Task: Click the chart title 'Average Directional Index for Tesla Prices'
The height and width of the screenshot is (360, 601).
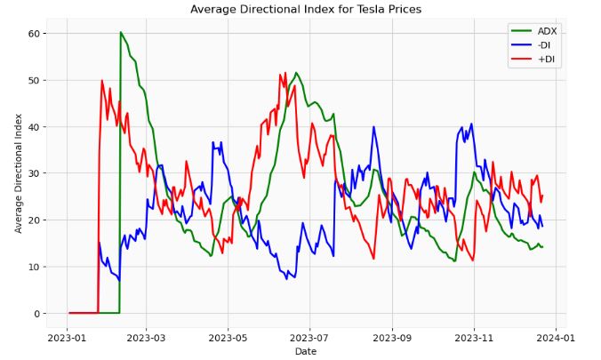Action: click(x=306, y=9)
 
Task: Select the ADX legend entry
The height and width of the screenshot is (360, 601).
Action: click(x=547, y=31)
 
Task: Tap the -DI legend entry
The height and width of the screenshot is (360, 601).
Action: click(x=544, y=46)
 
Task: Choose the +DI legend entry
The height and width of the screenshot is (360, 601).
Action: click(x=545, y=60)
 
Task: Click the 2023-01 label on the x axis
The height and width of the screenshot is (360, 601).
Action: click(x=67, y=338)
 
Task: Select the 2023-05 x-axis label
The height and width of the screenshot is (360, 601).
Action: click(x=228, y=338)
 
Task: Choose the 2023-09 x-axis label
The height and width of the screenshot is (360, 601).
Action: click(x=395, y=338)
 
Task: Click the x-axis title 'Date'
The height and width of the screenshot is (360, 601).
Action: click(x=306, y=352)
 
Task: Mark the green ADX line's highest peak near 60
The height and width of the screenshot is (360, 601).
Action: click(x=121, y=32)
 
